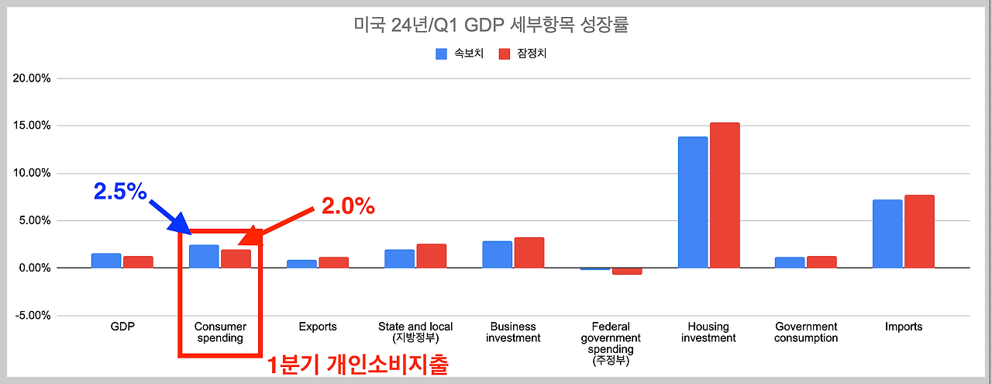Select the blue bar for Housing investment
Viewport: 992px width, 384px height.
(x=693, y=202)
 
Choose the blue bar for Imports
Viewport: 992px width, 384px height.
(x=887, y=234)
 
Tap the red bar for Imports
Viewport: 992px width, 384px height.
(x=919, y=231)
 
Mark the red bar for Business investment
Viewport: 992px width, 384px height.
(x=529, y=253)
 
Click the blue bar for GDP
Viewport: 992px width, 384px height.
(x=106, y=261)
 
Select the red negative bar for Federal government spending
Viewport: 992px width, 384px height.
(x=627, y=272)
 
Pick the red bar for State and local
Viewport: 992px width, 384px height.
(x=432, y=256)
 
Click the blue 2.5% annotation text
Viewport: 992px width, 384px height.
(x=120, y=192)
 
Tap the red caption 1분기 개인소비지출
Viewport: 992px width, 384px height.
(x=357, y=365)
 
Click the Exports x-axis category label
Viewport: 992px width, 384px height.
(x=318, y=327)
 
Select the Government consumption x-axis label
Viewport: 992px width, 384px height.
(x=806, y=332)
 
